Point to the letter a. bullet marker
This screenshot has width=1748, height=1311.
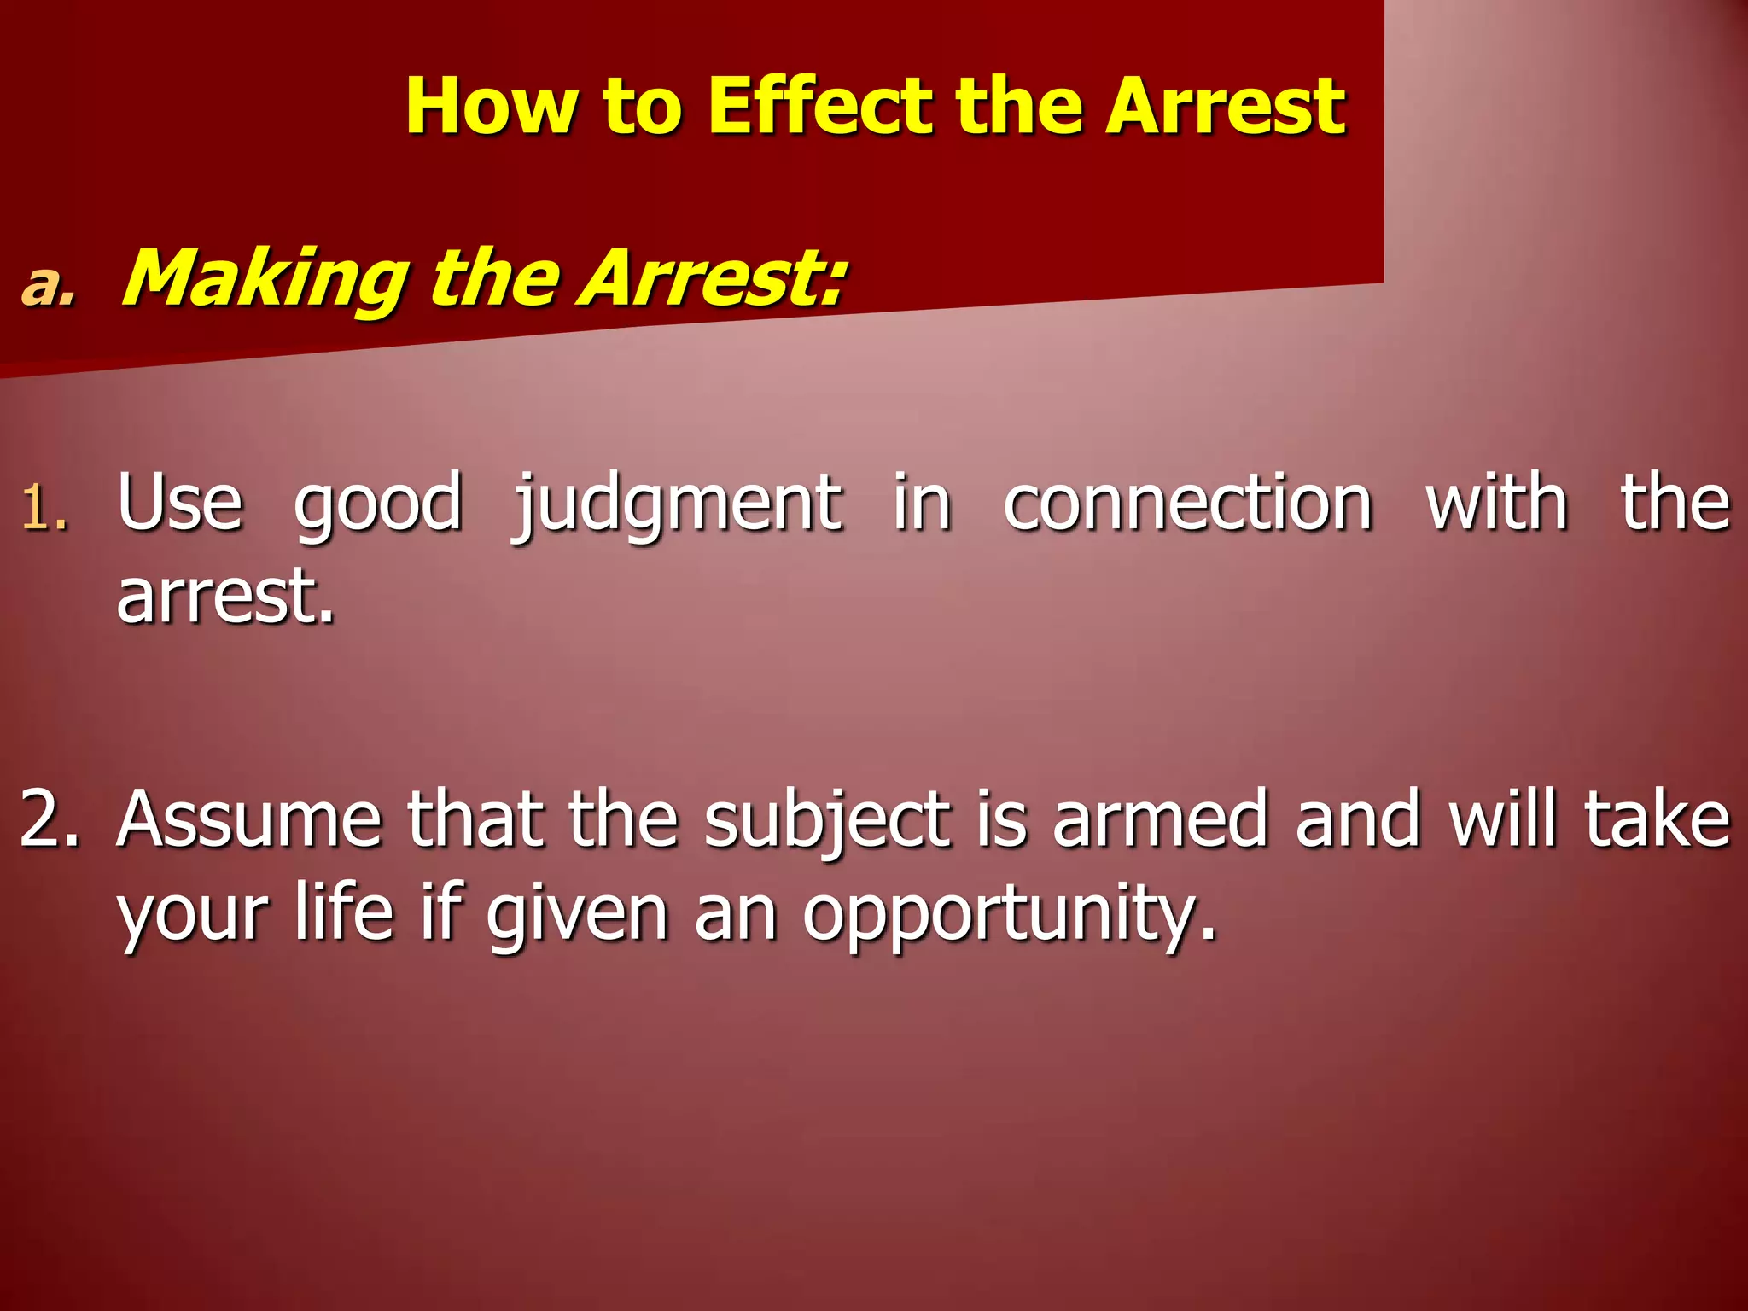[x=49, y=285]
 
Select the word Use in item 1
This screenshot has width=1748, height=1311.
[x=180, y=504]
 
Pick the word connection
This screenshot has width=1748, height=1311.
[x=1187, y=504]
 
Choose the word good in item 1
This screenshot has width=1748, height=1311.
[x=377, y=507]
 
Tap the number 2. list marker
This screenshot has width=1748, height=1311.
[x=50, y=819]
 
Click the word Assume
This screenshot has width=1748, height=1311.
[x=249, y=819]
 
